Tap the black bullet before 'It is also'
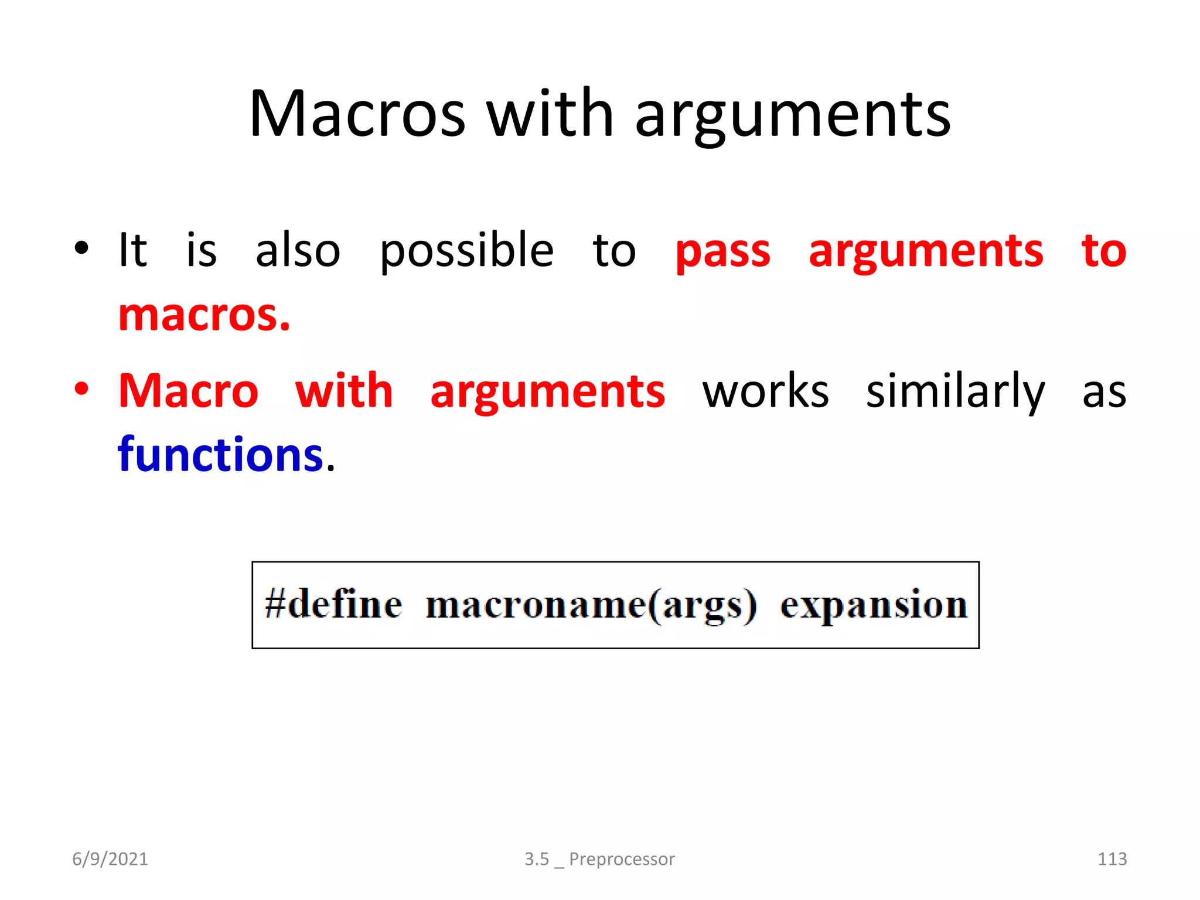point(82,248)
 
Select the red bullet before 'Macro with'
point(82,389)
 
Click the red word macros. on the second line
point(204,315)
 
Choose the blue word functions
point(220,455)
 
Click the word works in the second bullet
point(766,391)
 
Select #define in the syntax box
point(333,605)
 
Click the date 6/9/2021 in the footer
point(110,859)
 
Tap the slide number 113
point(1112,859)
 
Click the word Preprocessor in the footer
point(622,859)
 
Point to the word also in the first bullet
point(298,251)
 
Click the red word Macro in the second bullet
point(188,391)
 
